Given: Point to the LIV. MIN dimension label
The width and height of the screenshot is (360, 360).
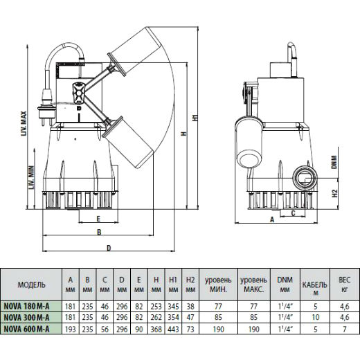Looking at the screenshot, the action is (32, 178).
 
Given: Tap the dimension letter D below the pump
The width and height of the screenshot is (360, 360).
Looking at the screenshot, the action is (109, 248).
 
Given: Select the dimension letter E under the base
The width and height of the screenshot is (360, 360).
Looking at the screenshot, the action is (98, 219).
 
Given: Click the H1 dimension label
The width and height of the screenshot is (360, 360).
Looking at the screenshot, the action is (195, 118).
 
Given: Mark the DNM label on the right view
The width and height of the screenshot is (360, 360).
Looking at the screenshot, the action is (334, 162).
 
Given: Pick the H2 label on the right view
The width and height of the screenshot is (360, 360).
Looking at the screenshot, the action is (335, 193).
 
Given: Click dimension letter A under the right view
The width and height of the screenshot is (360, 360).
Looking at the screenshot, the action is (272, 219).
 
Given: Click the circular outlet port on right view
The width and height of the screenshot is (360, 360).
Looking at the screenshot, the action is (305, 179).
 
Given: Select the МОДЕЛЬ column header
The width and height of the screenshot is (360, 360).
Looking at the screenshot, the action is (31, 285).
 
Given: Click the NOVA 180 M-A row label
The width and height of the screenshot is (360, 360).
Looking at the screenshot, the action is (26, 307).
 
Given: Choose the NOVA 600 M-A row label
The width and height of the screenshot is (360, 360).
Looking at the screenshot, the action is (26, 329).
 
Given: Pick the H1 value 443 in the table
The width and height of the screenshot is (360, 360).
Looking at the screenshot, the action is (173, 329).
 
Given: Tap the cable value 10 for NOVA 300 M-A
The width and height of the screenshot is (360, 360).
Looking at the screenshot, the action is (316, 317).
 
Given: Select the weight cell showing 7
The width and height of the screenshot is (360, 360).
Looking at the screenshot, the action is (345, 329).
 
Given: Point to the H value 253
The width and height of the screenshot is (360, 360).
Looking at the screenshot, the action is (156, 307).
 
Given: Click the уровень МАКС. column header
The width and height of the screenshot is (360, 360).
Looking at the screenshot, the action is (253, 285).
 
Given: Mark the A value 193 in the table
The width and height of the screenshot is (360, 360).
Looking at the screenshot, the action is (71, 329).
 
